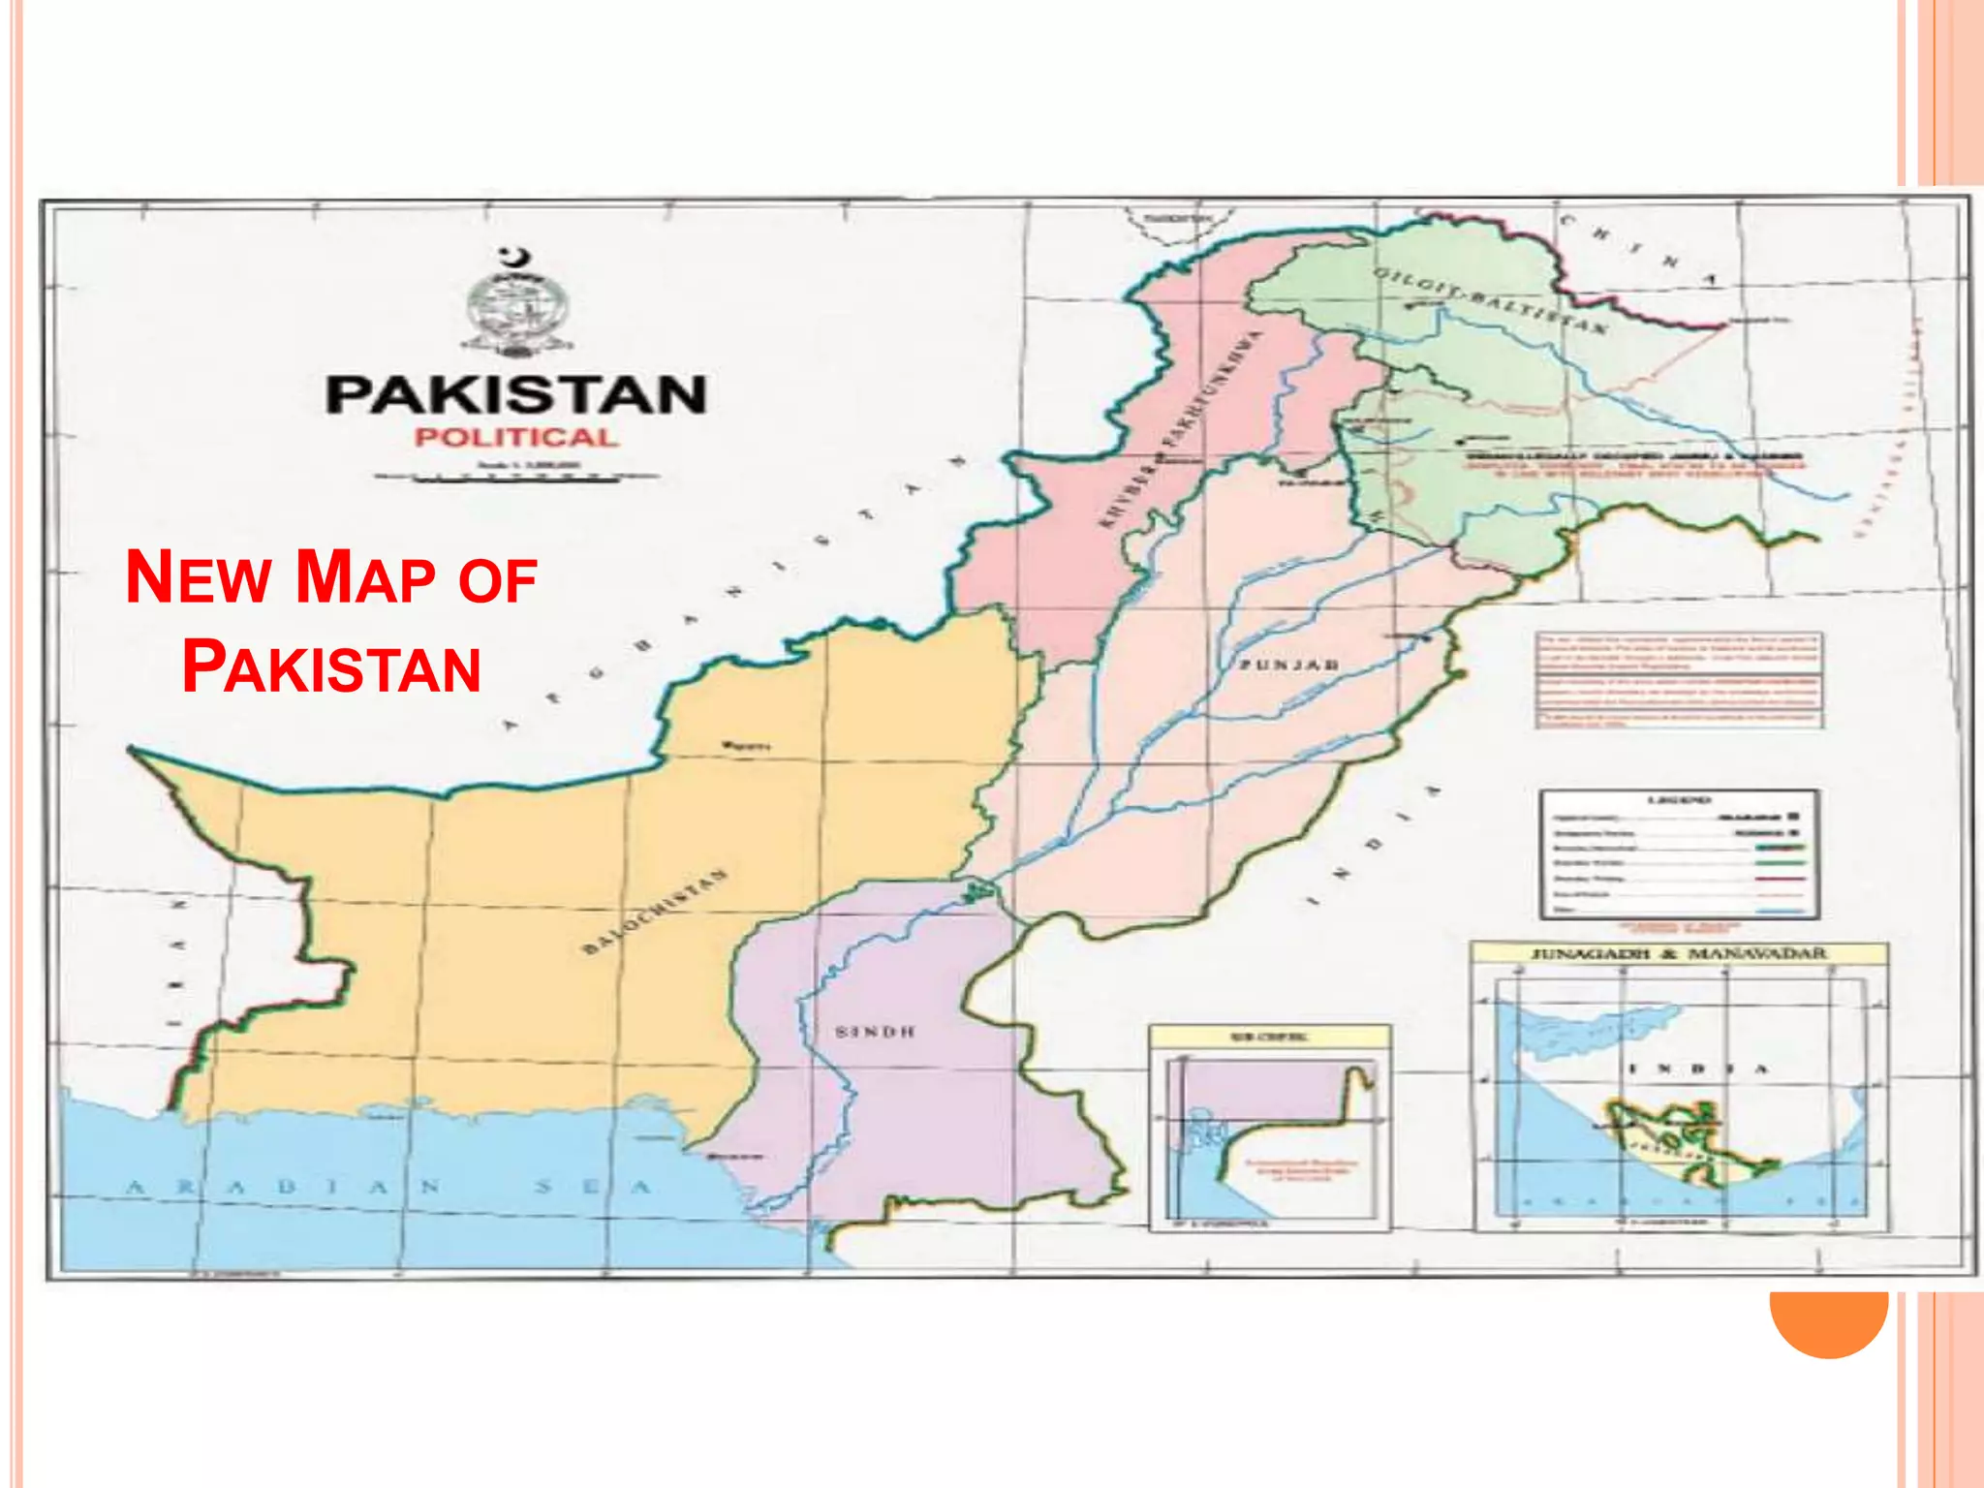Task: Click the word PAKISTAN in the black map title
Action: click(516, 395)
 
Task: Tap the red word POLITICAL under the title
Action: click(516, 438)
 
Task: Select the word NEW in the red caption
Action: click(199, 577)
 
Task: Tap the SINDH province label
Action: click(875, 1032)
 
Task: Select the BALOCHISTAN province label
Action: click(655, 911)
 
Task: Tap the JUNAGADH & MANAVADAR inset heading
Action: click(1679, 954)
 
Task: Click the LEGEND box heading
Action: click(1679, 800)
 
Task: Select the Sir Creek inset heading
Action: click(1269, 1037)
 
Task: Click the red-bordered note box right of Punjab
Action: click(1679, 680)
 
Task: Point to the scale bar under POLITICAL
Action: click(516, 477)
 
